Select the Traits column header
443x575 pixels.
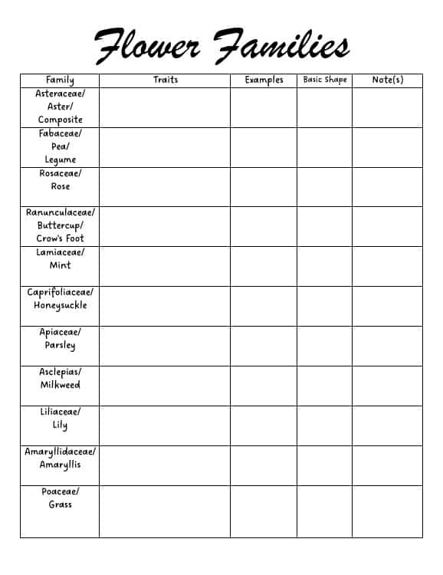click(x=166, y=80)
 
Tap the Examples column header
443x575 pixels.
click(x=264, y=80)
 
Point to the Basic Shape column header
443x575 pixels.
click(x=324, y=80)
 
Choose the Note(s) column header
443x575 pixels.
click(x=387, y=80)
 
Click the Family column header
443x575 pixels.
click(x=60, y=80)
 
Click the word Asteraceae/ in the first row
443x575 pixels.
click(x=60, y=94)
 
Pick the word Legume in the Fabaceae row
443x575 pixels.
click(x=60, y=159)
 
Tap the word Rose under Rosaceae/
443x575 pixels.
click(x=60, y=186)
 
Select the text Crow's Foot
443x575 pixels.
click(x=60, y=238)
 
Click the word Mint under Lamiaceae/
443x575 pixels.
click(x=60, y=265)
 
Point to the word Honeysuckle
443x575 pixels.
click(x=60, y=305)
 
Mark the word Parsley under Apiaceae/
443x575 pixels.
click(x=60, y=346)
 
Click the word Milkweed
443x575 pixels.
click(x=60, y=385)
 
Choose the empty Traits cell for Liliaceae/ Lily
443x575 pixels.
click(x=164, y=426)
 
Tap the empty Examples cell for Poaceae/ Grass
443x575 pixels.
click(x=264, y=511)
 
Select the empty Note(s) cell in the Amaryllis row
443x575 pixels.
click(x=387, y=465)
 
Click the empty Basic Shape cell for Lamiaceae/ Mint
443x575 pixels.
click(x=324, y=266)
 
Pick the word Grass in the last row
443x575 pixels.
click(x=60, y=504)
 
